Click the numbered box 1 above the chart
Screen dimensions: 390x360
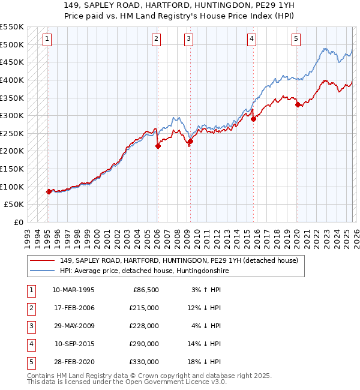pos(47,40)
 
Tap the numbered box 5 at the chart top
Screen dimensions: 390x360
pos(296,40)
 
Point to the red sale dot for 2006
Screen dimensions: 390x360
pos(158,146)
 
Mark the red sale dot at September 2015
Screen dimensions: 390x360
pos(253,119)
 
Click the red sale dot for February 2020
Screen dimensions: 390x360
pos(298,104)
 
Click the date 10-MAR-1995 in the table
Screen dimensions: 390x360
pos(73,290)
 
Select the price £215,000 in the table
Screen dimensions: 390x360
pos(145,308)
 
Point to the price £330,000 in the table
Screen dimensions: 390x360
pos(145,362)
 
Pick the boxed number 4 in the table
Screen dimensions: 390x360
pos(30,344)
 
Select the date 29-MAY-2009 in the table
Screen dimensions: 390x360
pos(73,326)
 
